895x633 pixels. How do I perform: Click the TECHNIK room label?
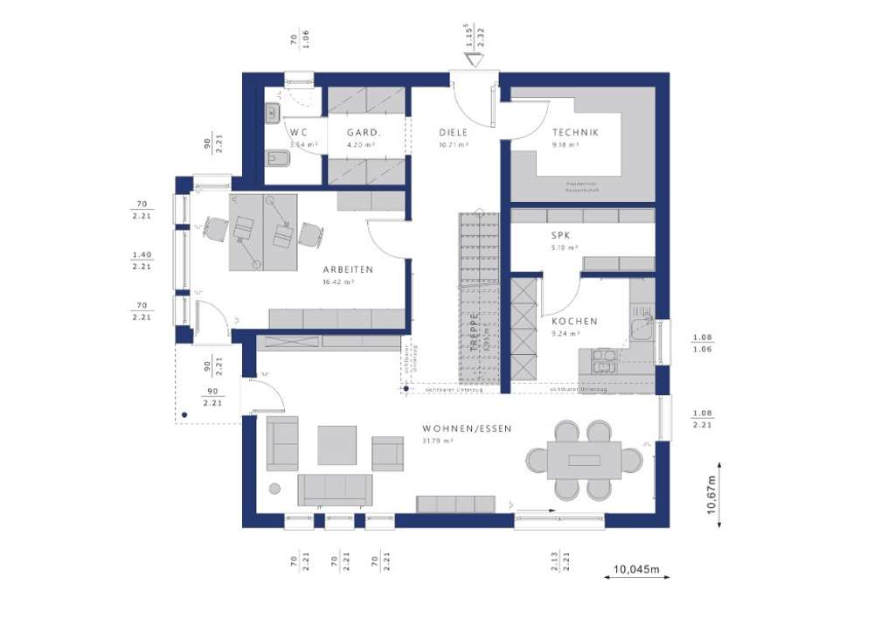(574, 133)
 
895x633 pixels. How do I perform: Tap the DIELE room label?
(453, 133)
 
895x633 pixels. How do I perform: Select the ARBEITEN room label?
(347, 269)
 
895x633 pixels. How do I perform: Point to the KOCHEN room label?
(574, 321)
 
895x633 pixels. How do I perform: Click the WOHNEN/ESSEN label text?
(466, 428)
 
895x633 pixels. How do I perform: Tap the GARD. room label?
(363, 133)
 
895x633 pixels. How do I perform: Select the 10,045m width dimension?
(636, 571)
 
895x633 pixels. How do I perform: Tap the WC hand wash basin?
(272, 111)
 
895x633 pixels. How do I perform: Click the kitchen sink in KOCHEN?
(639, 329)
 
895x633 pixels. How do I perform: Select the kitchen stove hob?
(604, 360)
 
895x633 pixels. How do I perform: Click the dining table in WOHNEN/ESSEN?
(585, 460)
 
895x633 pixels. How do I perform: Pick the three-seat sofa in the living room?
(335, 490)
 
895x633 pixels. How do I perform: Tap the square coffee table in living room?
(336, 444)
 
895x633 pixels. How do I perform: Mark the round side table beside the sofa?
(274, 489)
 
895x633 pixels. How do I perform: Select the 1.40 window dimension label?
(142, 261)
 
